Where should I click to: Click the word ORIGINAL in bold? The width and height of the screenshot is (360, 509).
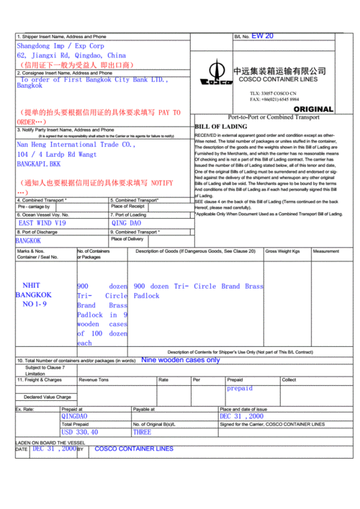(313, 109)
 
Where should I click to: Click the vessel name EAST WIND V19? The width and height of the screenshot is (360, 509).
(42, 223)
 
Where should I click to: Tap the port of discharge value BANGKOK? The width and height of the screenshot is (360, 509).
(29, 240)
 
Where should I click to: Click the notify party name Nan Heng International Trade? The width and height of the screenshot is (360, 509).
(76, 145)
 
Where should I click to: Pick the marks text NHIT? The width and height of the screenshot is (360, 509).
(32, 286)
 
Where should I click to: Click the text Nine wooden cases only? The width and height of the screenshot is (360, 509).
(181, 360)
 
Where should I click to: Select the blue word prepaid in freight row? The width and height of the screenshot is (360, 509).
(240, 388)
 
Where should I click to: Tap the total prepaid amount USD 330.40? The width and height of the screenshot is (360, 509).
(89, 433)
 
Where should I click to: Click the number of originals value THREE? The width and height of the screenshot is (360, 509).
(142, 433)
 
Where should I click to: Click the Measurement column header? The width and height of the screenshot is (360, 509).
(325, 251)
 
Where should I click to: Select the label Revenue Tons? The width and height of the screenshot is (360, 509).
(94, 379)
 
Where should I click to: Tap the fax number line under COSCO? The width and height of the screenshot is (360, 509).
(276, 98)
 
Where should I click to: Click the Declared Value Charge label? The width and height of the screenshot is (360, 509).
(48, 397)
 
